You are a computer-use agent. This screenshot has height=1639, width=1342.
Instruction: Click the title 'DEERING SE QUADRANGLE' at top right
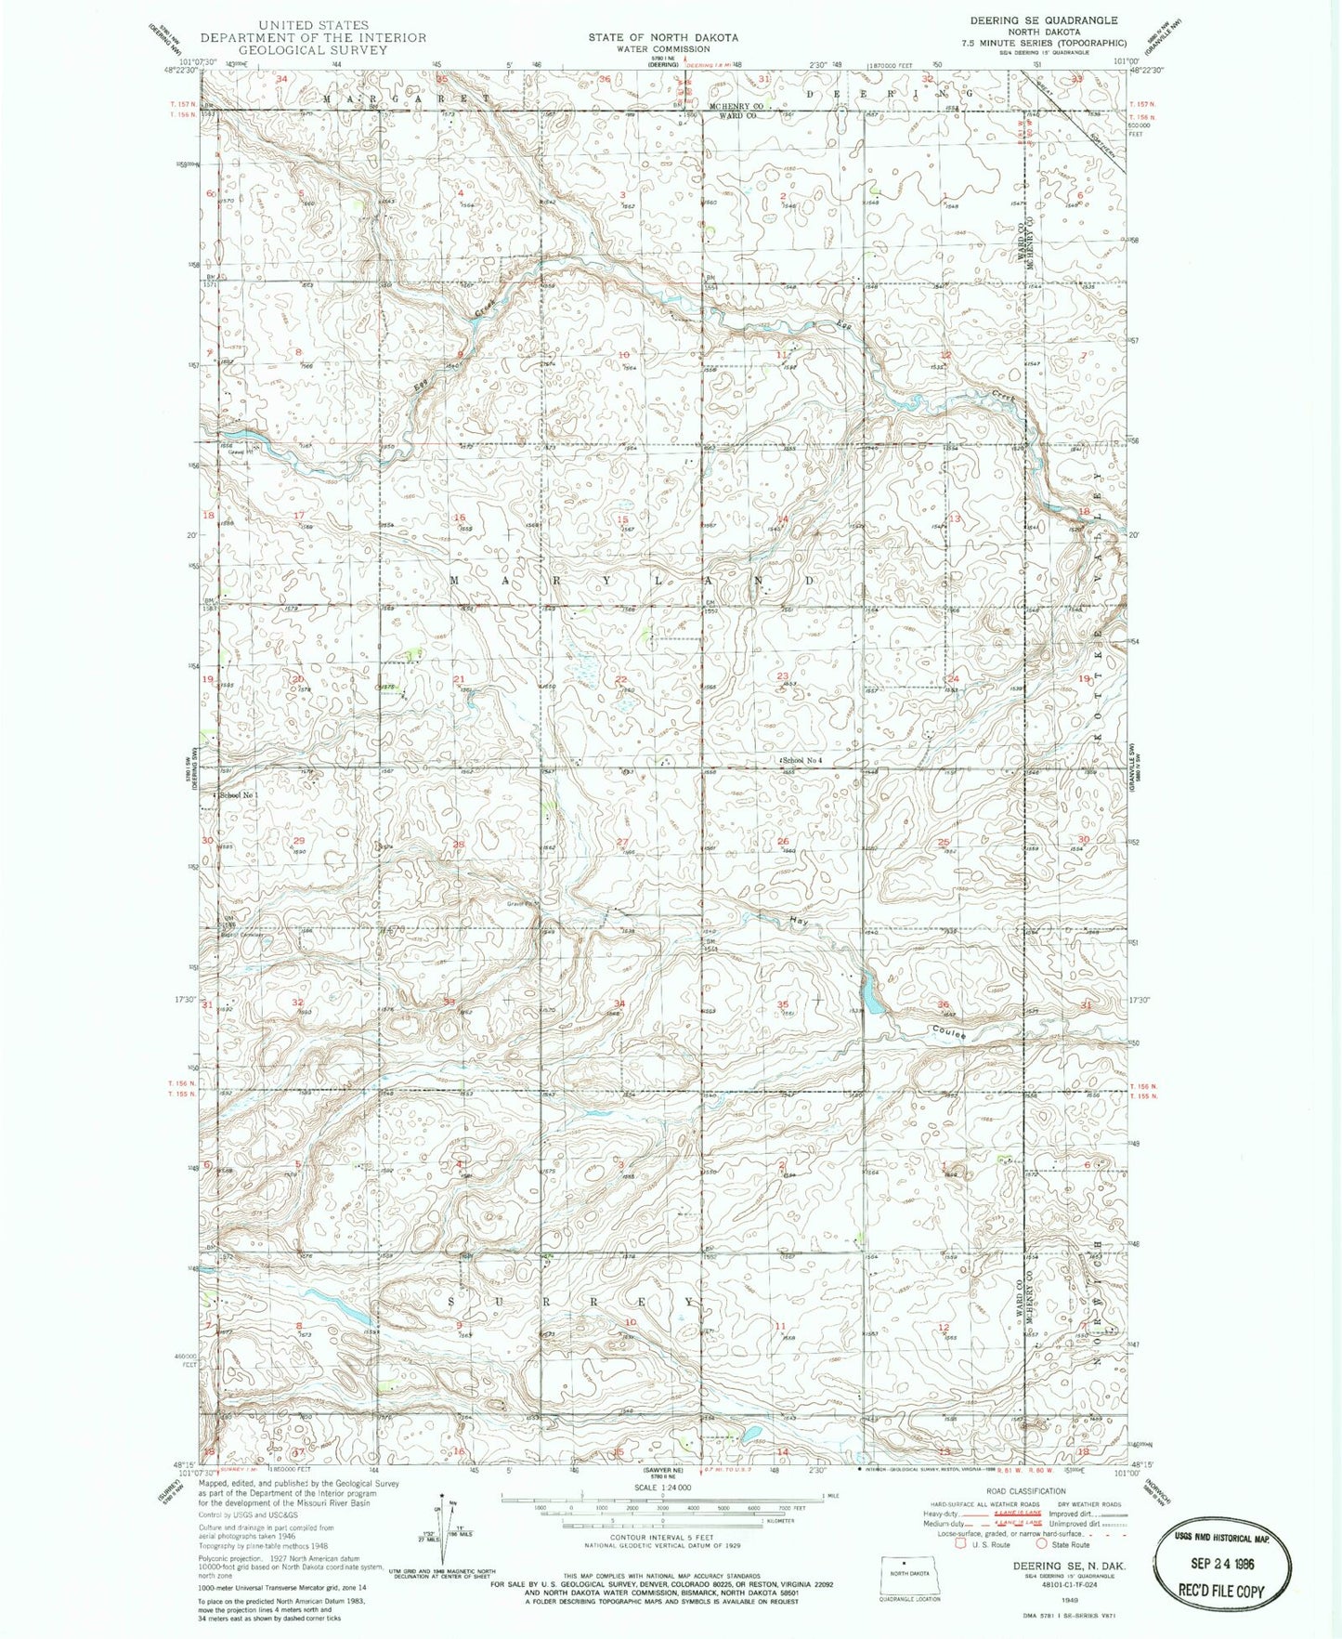point(1044,20)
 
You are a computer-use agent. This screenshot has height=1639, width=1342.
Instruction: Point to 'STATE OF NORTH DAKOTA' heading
point(663,37)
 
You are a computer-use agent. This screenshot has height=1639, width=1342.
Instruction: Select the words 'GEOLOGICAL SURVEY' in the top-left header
point(313,50)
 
